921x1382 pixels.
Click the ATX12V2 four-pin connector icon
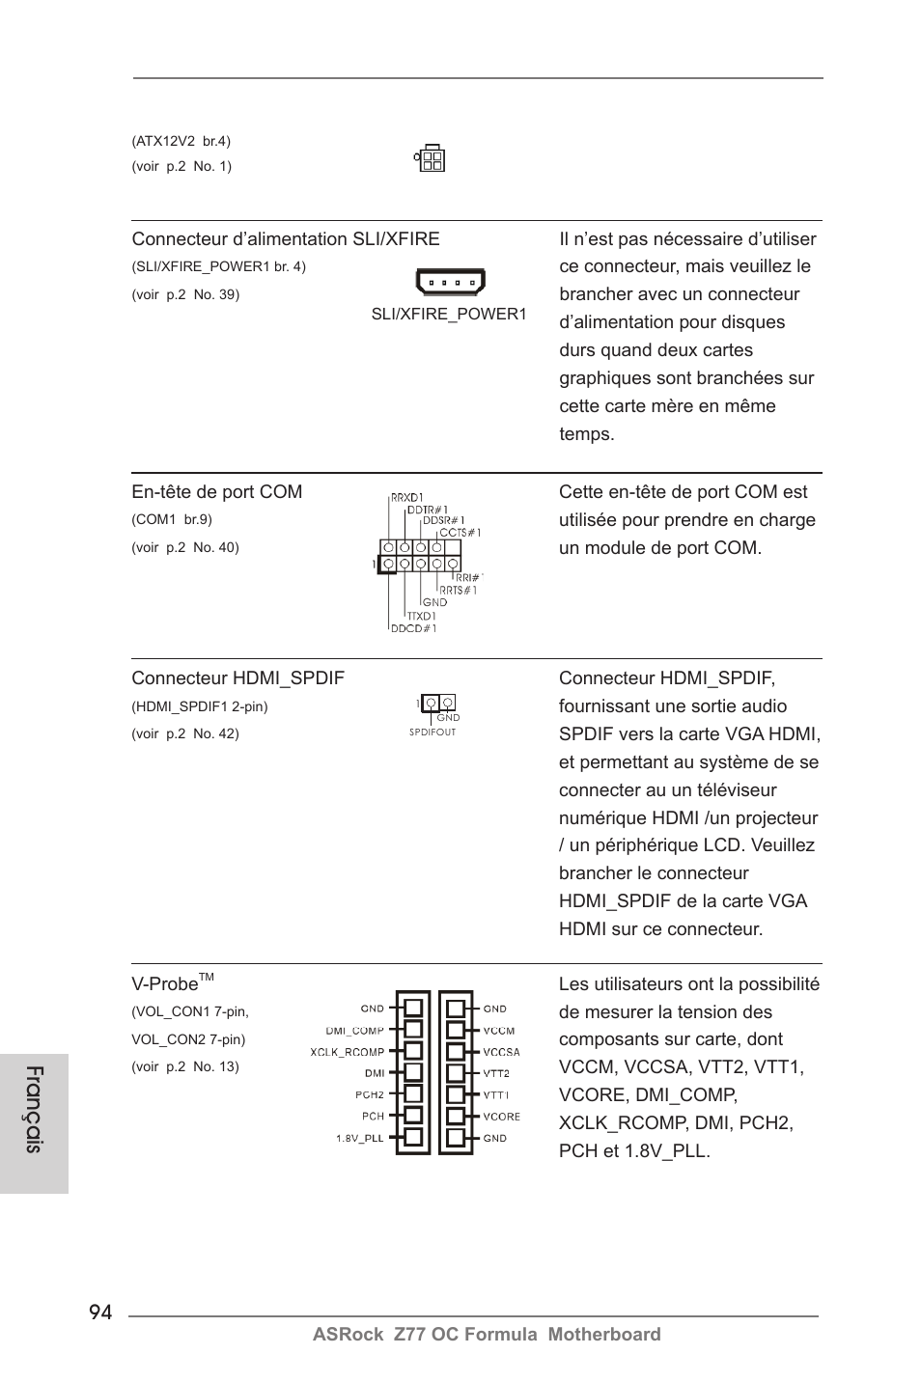430,159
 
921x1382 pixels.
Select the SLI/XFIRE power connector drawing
450,282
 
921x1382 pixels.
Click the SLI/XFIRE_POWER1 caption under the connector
449,315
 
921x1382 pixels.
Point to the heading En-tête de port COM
217,492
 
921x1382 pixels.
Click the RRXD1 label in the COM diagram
406,498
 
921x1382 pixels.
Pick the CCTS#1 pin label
460,532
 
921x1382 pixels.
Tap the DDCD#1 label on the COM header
412,628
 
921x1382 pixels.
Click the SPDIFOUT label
433,732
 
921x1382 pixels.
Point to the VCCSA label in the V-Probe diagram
501,1052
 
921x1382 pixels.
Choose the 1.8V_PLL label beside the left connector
359,1139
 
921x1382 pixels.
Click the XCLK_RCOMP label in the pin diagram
347,1052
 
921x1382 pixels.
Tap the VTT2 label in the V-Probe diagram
496,1073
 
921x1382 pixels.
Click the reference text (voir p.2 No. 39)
185,294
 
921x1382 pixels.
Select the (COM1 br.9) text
172,519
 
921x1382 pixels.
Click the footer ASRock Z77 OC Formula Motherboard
487,1335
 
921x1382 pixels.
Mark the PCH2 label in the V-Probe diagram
369,1094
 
